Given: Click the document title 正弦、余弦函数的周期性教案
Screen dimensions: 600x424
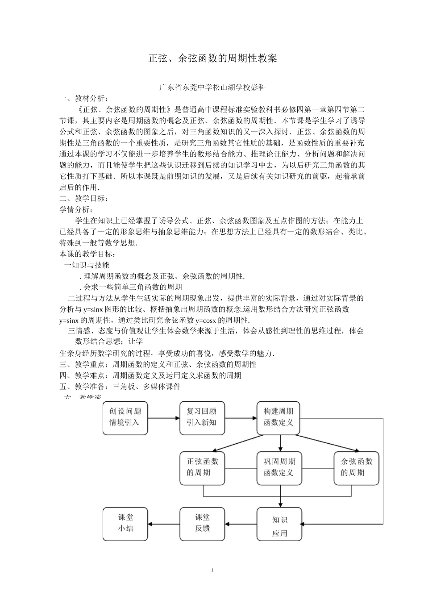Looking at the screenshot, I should coord(212,58).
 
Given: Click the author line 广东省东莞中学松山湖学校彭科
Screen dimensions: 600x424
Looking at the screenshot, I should coord(212,88).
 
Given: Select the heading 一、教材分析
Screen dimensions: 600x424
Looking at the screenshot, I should coord(83,99).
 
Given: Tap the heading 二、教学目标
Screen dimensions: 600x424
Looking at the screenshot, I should coord(83,198).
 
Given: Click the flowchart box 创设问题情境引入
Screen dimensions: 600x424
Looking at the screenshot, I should coord(125,418).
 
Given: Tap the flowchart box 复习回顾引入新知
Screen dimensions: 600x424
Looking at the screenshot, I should coord(202,418).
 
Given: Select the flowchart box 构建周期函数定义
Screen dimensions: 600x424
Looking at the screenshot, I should coord(279,418).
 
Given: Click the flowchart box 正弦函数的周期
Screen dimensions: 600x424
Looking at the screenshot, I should coord(202,468).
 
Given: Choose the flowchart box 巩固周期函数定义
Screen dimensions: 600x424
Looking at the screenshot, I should coord(279,468).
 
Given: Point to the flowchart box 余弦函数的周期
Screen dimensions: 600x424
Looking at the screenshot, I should coord(356,468).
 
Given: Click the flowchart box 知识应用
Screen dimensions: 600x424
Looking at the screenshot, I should coord(279,524).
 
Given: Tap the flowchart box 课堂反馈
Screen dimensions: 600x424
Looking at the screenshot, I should coord(202,524).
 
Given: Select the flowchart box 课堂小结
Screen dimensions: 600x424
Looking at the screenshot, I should coord(125,524).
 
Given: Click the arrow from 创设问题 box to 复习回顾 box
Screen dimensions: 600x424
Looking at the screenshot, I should coord(163,418).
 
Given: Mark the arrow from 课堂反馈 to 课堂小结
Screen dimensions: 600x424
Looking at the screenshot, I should coord(163,524).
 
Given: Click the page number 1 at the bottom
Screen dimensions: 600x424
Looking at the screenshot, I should coord(212,570).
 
